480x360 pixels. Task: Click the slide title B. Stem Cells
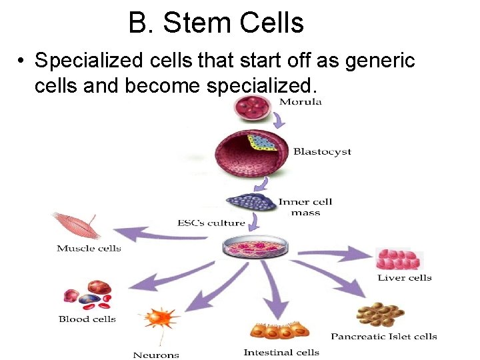click(216, 23)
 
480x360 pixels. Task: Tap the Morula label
click(300, 102)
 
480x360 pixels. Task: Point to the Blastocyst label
click(322, 151)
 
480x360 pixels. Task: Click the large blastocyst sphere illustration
click(251, 153)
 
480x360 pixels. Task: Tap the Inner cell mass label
click(305, 207)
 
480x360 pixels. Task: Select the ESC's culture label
click(211, 223)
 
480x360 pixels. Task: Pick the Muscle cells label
click(89, 249)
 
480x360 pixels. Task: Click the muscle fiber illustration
click(75, 224)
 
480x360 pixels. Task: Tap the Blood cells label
click(87, 319)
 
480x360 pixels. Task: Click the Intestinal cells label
click(281, 352)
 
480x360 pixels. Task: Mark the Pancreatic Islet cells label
click(383, 336)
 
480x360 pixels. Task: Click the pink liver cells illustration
click(399, 259)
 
